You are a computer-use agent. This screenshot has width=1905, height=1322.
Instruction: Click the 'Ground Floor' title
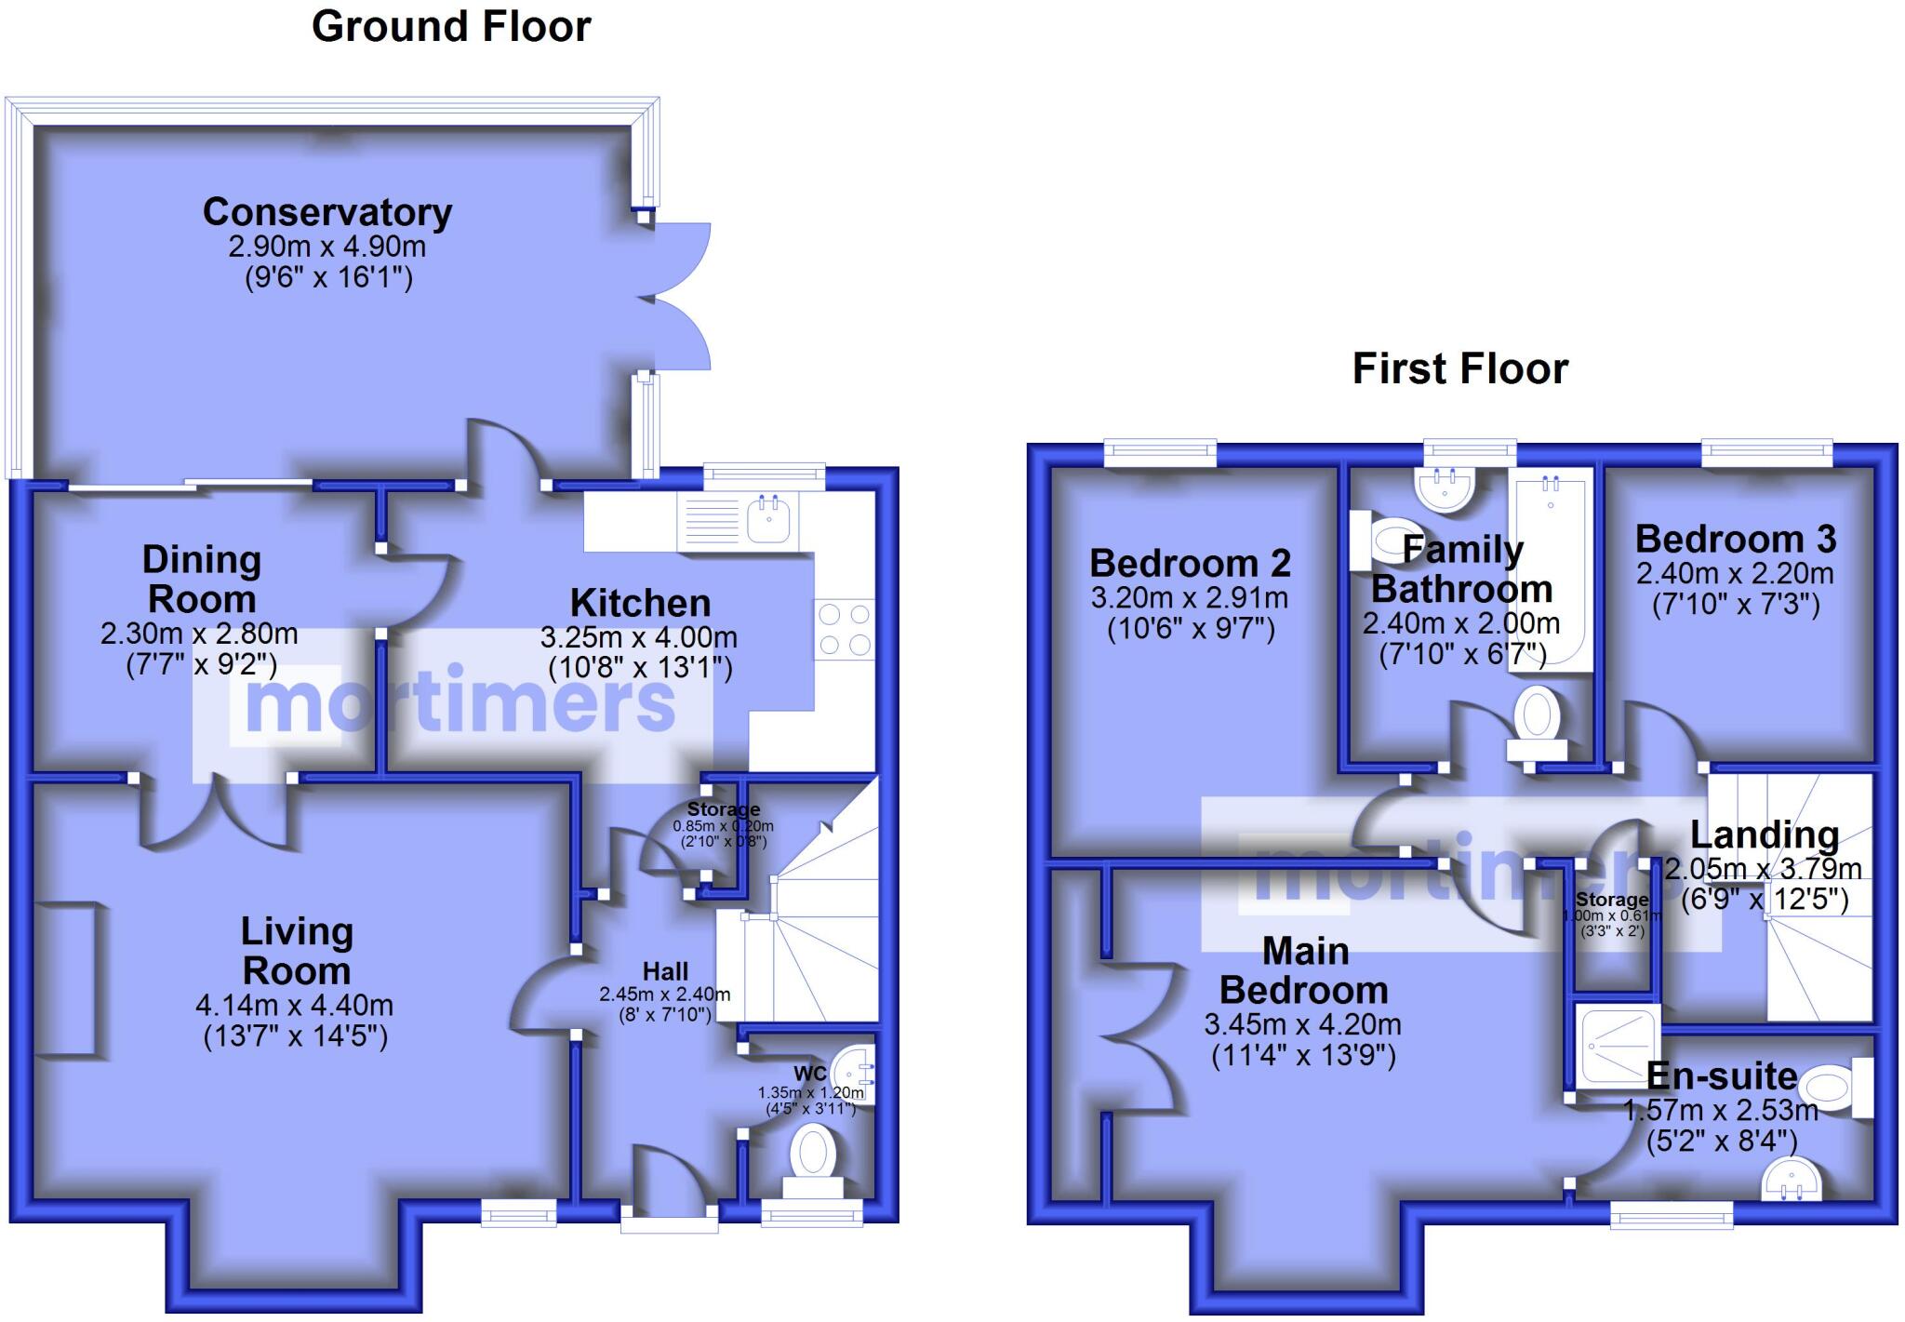(x=451, y=26)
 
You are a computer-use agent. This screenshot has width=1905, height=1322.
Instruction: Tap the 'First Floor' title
(x=1459, y=368)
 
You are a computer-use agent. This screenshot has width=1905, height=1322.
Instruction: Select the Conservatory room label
(x=327, y=212)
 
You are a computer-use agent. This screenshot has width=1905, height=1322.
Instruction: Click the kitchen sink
(x=771, y=517)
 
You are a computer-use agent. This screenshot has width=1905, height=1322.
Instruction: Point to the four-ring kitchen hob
(x=845, y=630)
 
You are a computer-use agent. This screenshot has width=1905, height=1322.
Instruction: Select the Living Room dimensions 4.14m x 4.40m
(x=294, y=1006)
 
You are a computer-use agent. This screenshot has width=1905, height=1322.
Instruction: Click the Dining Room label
(x=201, y=580)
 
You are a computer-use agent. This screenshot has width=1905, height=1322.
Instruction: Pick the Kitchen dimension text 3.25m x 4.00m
(x=639, y=637)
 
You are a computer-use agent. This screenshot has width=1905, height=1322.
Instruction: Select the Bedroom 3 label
(x=1736, y=539)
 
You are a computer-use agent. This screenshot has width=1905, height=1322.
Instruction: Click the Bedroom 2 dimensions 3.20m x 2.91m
(x=1190, y=597)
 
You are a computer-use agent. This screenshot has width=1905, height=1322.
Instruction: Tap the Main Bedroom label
(x=1304, y=970)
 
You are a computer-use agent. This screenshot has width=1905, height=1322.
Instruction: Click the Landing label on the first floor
(x=1764, y=835)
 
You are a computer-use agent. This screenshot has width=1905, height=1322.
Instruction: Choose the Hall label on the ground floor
(x=665, y=972)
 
